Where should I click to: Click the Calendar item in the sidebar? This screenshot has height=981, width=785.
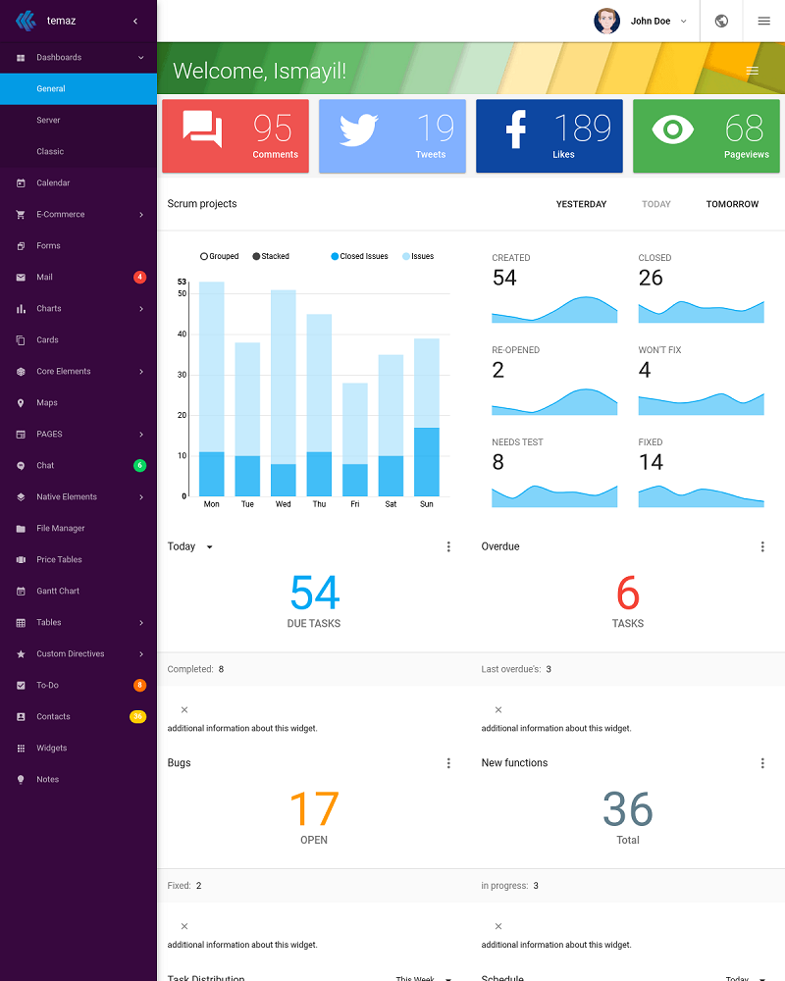pyautogui.click(x=53, y=182)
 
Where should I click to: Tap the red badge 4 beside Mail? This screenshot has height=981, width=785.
pyautogui.click(x=139, y=277)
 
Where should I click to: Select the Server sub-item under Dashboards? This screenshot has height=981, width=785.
pyautogui.click(x=48, y=120)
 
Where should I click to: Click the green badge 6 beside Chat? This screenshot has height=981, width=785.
pyautogui.click(x=139, y=465)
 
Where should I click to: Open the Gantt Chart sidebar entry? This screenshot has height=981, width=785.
pyautogui.click(x=58, y=591)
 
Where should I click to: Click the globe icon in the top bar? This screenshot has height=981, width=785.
pyautogui.click(x=721, y=21)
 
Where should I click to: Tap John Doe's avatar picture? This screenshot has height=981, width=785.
pyautogui.click(x=607, y=21)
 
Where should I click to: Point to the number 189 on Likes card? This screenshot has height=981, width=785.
pyautogui.click(x=583, y=128)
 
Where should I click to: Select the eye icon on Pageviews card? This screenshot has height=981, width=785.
pyautogui.click(x=672, y=129)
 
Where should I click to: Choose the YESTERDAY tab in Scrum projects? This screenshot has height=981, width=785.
pyautogui.click(x=581, y=204)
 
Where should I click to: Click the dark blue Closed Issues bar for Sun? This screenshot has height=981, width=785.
pyautogui.click(x=426, y=461)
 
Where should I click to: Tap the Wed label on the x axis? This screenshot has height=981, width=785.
pyautogui.click(x=283, y=504)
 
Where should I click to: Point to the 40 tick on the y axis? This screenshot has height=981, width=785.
pyautogui.click(x=182, y=334)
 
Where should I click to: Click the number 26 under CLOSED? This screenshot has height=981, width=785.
pyautogui.click(x=651, y=278)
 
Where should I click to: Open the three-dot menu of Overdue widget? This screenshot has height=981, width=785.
pyautogui.click(x=762, y=546)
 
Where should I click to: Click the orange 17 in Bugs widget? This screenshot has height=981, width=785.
pyautogui.click(x=314, y=809)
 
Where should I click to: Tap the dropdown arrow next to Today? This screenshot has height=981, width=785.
pyautogui.click(x=209, y=547)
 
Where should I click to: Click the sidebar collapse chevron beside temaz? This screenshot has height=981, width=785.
pyautogui.click(x=135, y=21)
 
